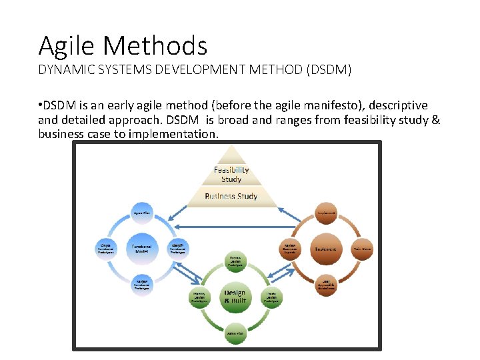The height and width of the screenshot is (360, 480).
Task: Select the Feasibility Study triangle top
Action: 231,172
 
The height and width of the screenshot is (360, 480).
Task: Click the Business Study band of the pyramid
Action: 231,197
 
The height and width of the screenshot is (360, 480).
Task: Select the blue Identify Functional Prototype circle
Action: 177,248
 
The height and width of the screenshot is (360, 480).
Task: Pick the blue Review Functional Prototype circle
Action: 141,284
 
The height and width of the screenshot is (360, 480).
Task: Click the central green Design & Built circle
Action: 234,297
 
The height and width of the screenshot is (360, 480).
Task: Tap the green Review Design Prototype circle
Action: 235,261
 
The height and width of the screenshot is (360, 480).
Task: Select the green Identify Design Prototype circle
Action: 199,297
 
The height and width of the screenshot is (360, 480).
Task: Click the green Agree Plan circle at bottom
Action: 235,333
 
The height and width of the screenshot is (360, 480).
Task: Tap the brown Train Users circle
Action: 362,248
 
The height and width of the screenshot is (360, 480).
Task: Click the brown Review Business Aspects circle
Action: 289,248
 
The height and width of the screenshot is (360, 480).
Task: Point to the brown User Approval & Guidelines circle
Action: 326,284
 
